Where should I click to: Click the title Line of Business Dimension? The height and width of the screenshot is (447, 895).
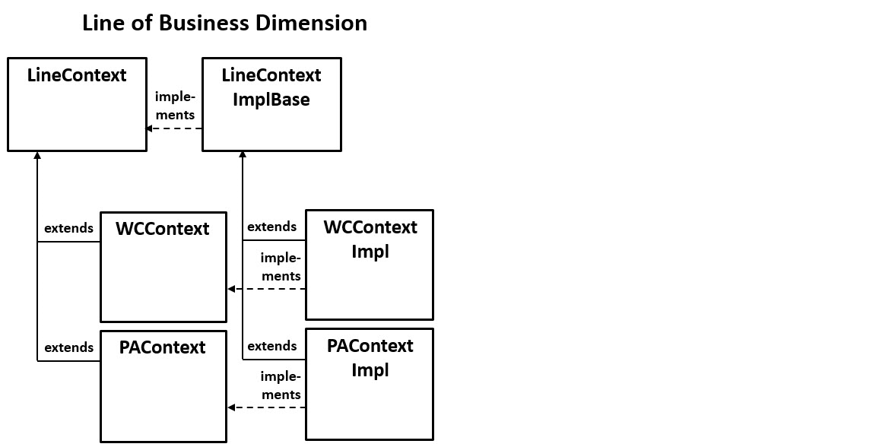[x=224, y=24]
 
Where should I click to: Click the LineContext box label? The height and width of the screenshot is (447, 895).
[x=77, y=75]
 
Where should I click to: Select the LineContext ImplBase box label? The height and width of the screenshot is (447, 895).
[x=271, y=87]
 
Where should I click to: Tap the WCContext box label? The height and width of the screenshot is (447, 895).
[x=163, y=229]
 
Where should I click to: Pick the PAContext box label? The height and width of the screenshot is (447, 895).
[x=163, y=347]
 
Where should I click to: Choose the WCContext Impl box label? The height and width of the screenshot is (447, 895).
[x=370, y=239]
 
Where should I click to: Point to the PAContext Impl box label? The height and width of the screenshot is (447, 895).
[x=370, y=357]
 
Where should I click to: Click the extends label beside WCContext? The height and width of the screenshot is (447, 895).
[x=68, y=228]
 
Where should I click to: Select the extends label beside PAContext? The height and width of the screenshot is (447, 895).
[x=68, y=347]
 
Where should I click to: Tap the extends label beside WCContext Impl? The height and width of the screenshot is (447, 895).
[x=272, y=227]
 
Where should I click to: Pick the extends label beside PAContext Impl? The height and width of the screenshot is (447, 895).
[x=272, y=346]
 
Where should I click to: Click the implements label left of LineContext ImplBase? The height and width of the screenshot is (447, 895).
[x=175, y=106]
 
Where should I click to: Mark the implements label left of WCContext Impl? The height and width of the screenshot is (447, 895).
[x=281, y=267]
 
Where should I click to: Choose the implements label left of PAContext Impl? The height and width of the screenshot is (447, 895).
[x=281, y=385]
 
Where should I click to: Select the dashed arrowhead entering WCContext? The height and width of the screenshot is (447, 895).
[x=231, y=289]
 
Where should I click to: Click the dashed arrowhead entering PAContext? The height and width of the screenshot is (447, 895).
[x=231, y=407]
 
